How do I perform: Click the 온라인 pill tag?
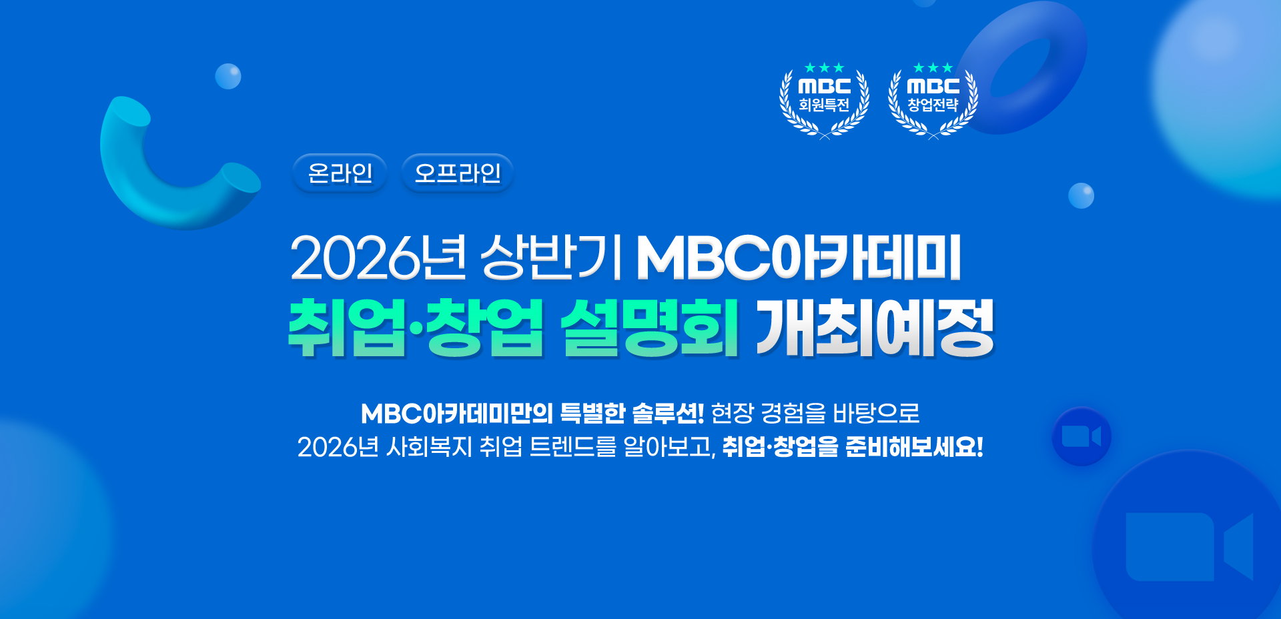(340, 173)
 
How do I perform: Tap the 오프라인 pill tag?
(457, 173)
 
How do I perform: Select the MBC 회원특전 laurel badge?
(825, 100)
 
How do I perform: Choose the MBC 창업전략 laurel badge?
(933, 100)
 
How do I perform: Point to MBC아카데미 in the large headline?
(799, 257)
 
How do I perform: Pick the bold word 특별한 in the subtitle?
(592, 414)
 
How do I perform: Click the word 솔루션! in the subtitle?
(668, 414)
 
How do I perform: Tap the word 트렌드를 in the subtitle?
(572, 447)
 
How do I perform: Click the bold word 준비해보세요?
(914, 447)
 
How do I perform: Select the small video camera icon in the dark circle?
(1081, 437)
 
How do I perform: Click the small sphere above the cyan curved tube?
(228, 77)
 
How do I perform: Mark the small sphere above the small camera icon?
(1081, 195)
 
